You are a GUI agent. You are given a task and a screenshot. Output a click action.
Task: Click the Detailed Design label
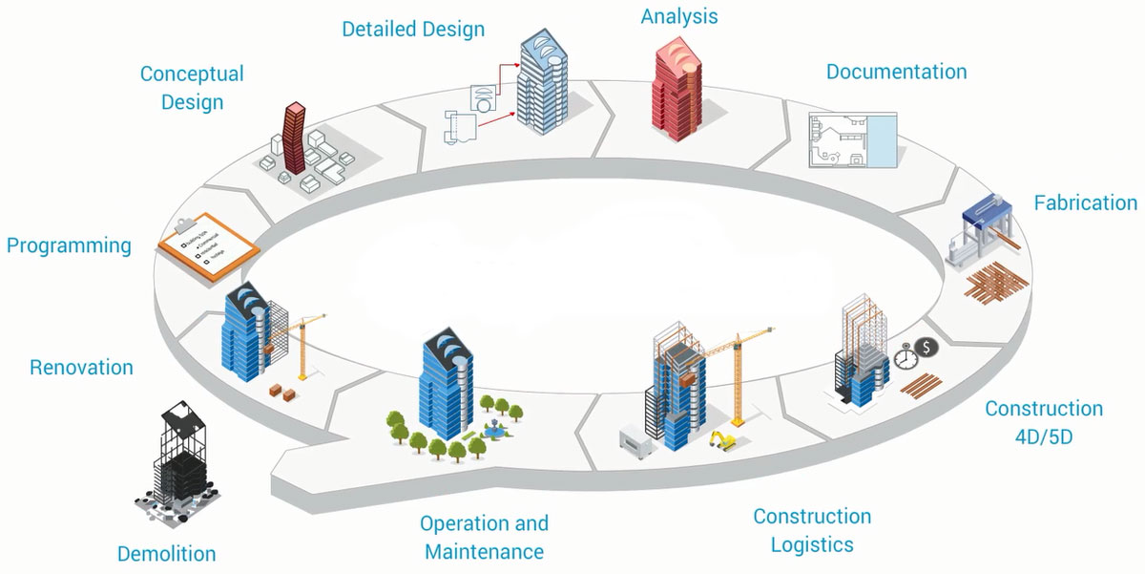[x=413, y=30]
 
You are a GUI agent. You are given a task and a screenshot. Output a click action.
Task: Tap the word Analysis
[x=679, y=16]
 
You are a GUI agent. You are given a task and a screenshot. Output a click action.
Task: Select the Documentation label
[x=896, y=72]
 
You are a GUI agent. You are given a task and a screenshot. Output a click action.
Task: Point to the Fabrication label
[x=1086, y=202]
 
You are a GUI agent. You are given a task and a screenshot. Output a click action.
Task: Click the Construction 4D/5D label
[x=1044, y=421]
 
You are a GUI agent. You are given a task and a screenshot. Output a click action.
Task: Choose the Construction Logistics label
[x=812, y=530]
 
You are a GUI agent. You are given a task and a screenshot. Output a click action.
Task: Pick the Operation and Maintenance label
[x=484, y=537]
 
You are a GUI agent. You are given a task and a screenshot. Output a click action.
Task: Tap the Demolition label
[x=166, y=554]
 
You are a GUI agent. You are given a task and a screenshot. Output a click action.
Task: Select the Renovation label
[x=81, y=368]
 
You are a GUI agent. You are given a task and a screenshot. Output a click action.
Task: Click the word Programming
[x=69, y=245]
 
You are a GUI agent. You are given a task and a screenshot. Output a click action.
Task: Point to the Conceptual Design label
[x=192, y=87]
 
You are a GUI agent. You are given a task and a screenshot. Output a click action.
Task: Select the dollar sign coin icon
[x=923, y=346]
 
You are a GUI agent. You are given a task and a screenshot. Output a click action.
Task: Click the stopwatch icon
[x=906, y=358]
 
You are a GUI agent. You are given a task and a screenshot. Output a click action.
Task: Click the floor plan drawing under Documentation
[x=841, y=140]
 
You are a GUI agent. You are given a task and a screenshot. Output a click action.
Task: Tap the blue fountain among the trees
[x=493, y=430]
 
